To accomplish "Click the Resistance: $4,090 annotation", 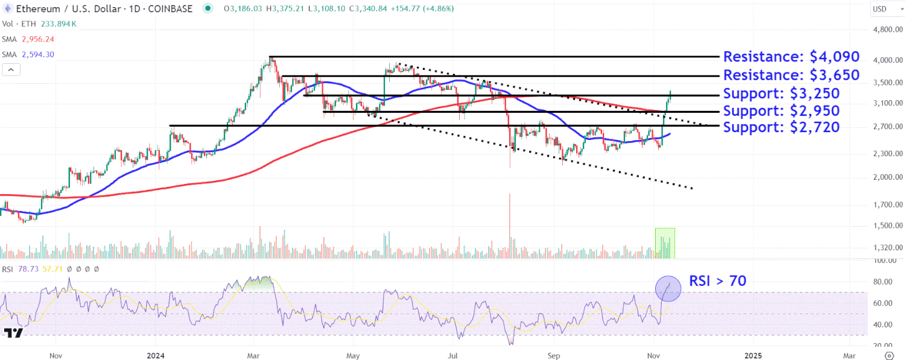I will coord(790,57).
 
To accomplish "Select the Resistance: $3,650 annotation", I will coord(790,75).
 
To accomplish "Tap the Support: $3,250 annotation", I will coord(781,94).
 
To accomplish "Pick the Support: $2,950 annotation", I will coord(781,111).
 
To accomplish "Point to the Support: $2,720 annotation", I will coord(781,127).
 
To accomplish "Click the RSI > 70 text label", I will coord(717,281).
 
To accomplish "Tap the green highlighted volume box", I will coord(665,243).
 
